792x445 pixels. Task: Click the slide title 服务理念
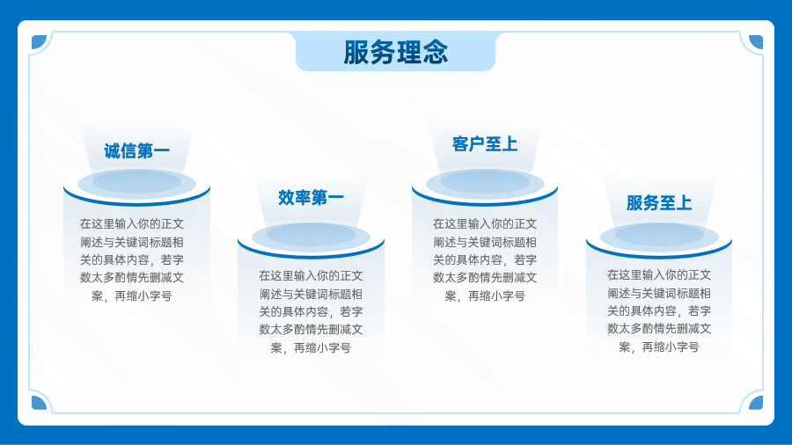coord(395,52)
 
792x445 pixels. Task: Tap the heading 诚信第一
coord(137,151)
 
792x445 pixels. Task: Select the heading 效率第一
coord(312,197)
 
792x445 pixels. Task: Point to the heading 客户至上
coord(485,144)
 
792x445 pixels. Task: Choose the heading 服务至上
coord(659,203)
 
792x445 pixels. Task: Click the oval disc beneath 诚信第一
coord(137,182)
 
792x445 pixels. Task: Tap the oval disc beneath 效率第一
coord(312,236)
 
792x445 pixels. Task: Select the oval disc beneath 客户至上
coord(485,182)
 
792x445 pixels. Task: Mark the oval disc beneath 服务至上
coord(659,235)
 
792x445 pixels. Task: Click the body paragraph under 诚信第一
coord(132,259)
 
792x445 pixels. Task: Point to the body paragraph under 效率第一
coord(312,311)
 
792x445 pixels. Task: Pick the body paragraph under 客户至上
coord(485,259)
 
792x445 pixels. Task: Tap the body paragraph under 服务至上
coord(659,310)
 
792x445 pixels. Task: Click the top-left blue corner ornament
coord(39,42)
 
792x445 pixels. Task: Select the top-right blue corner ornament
coord(756,42)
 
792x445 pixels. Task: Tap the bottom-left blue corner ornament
coord(39,403)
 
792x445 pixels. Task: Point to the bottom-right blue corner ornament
coord(756,403)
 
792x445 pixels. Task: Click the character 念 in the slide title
coord(436,52)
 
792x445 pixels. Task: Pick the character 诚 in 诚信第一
coord(112,151)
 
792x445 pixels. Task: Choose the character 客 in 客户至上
coord(460,144)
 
